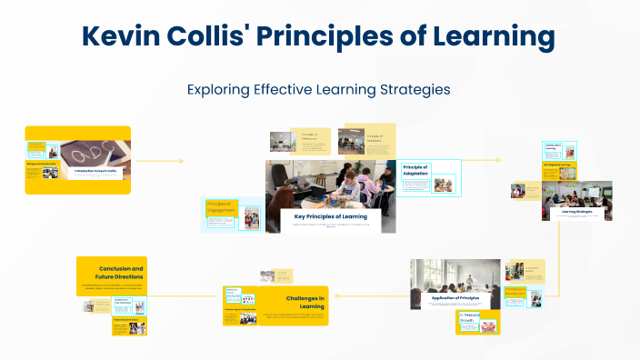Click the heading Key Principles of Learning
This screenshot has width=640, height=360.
point(331,216)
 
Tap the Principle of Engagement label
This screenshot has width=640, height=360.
point(222,206)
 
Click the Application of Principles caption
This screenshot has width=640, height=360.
point(455,297)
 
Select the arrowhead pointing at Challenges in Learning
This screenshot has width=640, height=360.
point(336,295)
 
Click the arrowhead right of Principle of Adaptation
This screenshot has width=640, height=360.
point(499,160)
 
